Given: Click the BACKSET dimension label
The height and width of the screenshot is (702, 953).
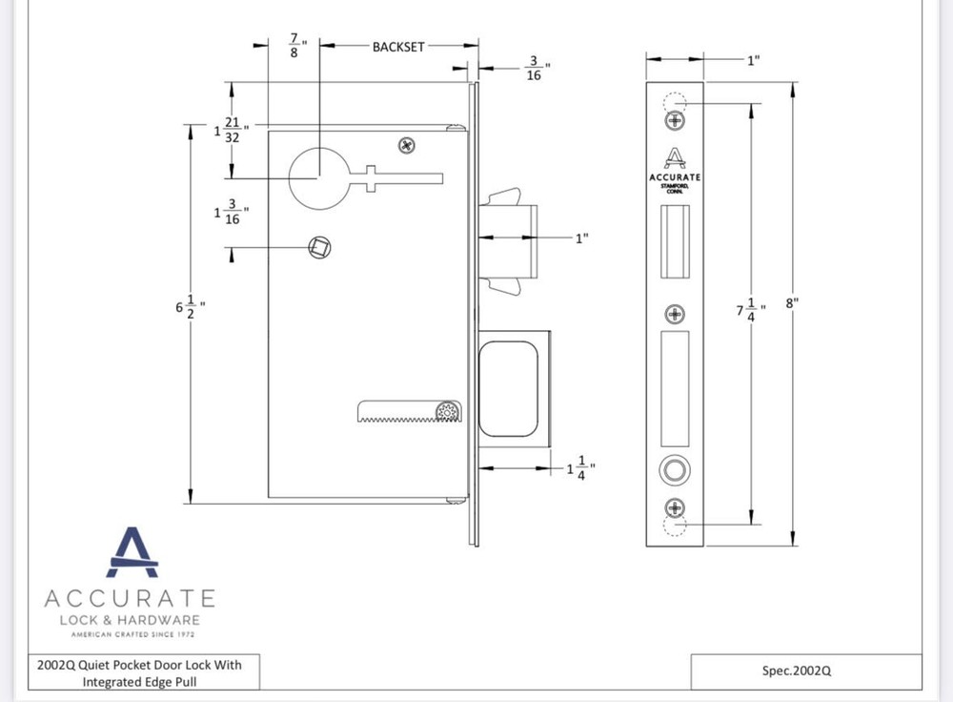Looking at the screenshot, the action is (398, 47).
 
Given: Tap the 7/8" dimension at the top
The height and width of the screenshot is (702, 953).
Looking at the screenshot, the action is (296, 46).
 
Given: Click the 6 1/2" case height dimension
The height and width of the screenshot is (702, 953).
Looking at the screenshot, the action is (190, 306).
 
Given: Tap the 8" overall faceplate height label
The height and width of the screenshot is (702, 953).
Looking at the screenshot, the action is (792, 303).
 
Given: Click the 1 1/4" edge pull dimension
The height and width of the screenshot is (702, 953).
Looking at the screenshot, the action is (580, 468).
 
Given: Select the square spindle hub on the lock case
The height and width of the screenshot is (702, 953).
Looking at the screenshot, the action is (319, 248).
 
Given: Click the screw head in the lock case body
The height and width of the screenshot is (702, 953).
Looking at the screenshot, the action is (407, 146).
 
